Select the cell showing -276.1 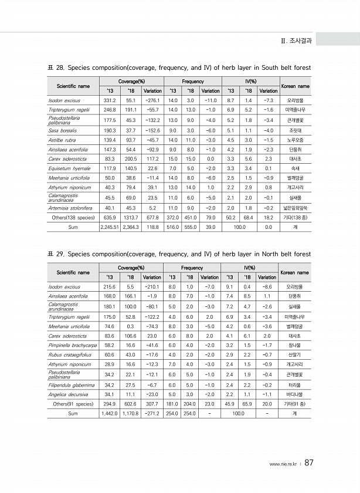coord(152,101)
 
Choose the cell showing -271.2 coord(152,413)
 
